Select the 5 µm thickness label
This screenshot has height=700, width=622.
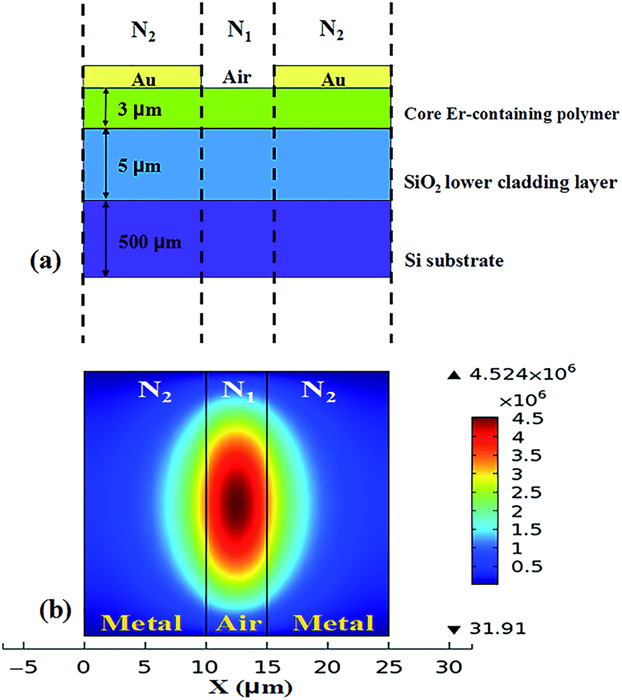pos(139,167)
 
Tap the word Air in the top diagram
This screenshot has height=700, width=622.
pos(237,78)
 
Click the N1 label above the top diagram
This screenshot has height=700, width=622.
pos(238,30)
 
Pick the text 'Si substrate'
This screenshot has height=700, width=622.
pos(454,261)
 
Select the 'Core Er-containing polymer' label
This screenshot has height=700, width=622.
pos(509,114)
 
